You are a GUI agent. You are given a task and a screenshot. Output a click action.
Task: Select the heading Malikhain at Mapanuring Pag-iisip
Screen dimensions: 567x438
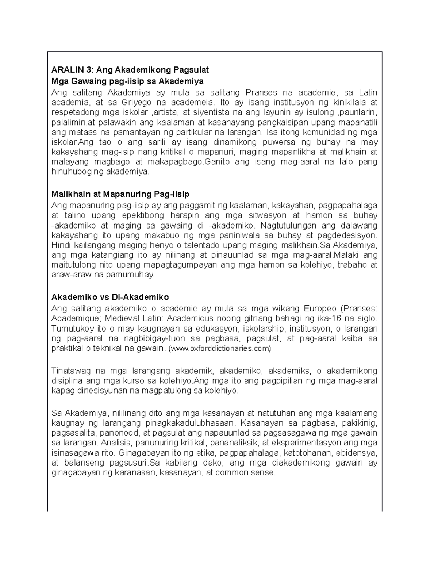click(120, 194)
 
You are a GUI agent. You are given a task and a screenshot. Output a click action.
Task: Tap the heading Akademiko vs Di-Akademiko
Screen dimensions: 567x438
click(110, 296)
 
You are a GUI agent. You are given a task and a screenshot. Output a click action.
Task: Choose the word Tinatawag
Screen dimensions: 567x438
click(71, 371)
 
